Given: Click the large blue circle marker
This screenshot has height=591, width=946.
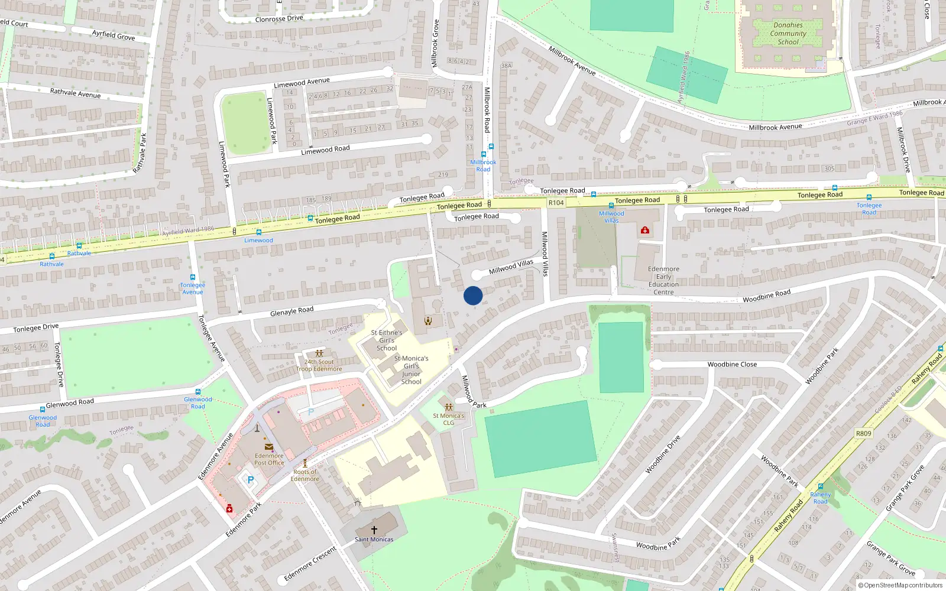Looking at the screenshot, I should [x=473, y=295].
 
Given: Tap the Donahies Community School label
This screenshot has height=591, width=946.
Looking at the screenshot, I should [x=788, y=34].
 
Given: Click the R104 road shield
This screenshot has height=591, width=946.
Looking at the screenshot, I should [x=556, y=203].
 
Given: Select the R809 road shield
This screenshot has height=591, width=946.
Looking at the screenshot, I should [x=863, y=433].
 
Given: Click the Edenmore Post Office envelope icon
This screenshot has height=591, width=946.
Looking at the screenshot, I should [x=269, y=447].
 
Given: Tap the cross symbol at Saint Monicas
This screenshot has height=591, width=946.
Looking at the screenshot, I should [x=374, y=530].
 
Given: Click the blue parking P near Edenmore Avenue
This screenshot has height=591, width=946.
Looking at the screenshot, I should [x=250, y=480].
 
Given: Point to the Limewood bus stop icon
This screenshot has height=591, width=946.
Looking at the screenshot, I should [x=258, y=232].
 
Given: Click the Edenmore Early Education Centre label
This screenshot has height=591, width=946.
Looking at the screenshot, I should [x=663, y=281].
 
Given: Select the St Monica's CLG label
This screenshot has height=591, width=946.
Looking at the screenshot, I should [x=449, y=419].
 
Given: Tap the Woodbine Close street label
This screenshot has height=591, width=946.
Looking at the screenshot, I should [x=732, y=364].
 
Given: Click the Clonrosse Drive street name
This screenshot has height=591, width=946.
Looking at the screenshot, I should [x=279, y=19].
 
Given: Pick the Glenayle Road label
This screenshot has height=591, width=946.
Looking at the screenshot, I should [x=291, y=311].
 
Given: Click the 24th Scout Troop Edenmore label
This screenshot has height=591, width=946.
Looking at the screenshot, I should [x=319, y=365].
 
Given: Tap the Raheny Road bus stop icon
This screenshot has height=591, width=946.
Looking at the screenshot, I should [x=821, y=487].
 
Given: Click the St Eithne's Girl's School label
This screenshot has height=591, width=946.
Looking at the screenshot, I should [x=387, y=340].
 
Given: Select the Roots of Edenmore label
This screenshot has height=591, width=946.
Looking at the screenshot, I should [x=305, y=475].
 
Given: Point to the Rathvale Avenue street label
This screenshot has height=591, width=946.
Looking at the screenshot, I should [x=75, y=93].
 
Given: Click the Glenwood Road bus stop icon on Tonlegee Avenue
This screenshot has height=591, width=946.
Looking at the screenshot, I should [x=197, y=392].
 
